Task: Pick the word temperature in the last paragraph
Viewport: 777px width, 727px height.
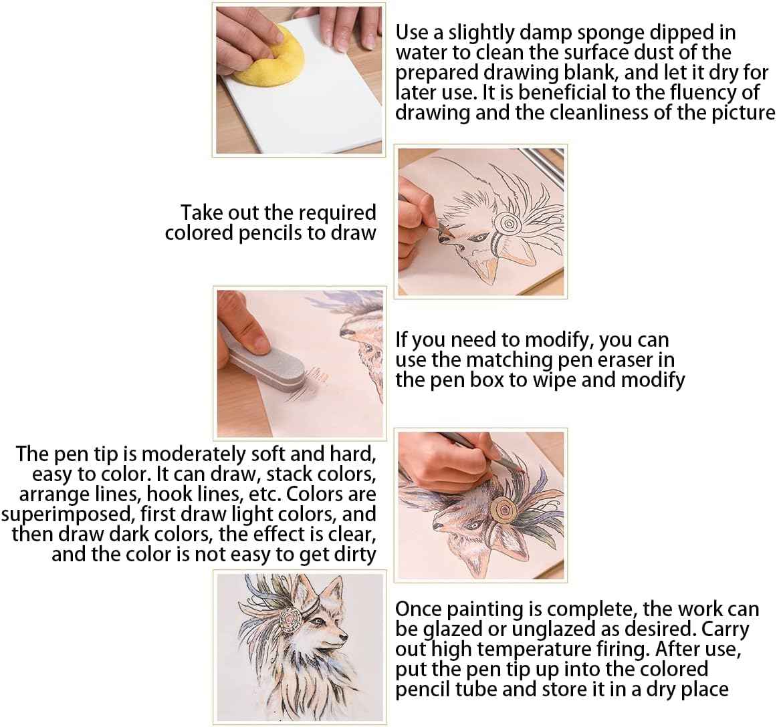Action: point(544,649)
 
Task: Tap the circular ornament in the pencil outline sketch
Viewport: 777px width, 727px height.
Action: point(506,224)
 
